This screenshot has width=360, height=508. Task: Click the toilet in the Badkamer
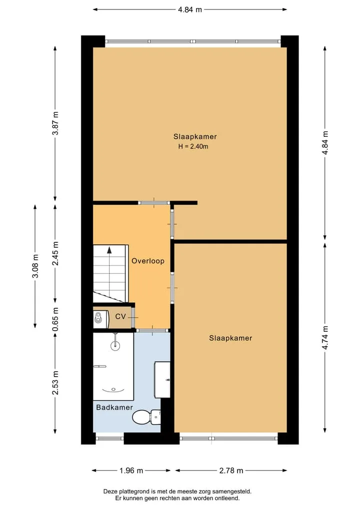click(146, 417)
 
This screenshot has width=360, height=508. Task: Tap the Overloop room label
click(148, 261)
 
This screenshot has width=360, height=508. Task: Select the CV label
click(120, 316)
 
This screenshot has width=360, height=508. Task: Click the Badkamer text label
click(114, 407)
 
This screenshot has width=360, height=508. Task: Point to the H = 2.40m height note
click(193, 146)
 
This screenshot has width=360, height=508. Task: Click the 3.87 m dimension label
click(55, 123)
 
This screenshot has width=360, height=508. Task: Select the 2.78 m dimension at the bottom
click(231, 471)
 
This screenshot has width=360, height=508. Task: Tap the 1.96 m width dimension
click(131, 471)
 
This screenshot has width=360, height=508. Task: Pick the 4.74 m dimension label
click(325, 338)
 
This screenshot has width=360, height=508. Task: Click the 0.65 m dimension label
click(55, 320)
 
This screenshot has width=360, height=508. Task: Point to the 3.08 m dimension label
click(35, 266)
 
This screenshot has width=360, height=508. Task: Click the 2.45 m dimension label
click(55, 253)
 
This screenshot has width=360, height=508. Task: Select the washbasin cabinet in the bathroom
click(162, 380)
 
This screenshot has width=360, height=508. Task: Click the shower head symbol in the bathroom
click(115, 345)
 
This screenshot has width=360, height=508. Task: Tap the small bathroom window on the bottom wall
click(110, 439)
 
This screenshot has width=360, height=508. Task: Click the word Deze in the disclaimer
click(110, 492)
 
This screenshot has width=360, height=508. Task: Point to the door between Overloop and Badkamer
click(152, 330)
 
